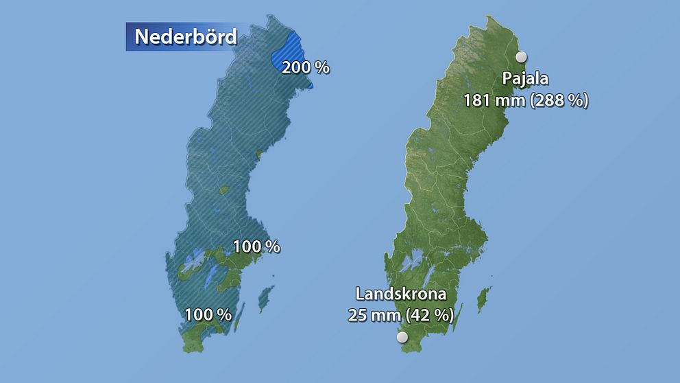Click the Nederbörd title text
click(x=185, y=36)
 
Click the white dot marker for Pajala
click(x=521, y=57)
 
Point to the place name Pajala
click(x=525, y=78)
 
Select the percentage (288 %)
click(x=559, y=100)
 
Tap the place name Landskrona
click(x=401, y=294)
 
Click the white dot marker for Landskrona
click(x=402, y=337)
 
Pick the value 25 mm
click(x=374, y=316)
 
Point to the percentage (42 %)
click(x=429, y=316)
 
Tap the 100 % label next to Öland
click(x=208, y=315)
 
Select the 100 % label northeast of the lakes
click(x=256, y=246)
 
